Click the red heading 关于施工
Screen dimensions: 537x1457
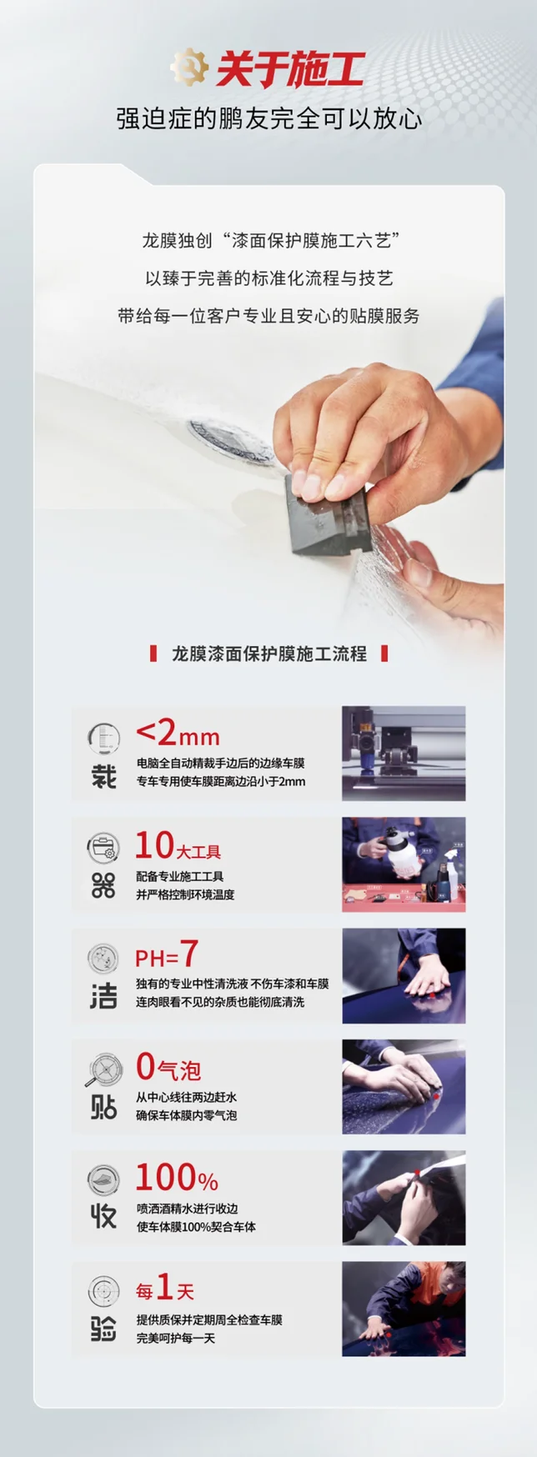(290, 69)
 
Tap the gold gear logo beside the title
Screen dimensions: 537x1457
(190, 68)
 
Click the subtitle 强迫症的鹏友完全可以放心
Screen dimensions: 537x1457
(268, 118)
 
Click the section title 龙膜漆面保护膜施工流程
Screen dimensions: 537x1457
(268, 653)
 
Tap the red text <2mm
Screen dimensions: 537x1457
(178, 734)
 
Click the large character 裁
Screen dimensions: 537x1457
(103, 777)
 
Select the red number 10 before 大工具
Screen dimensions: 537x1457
(155, 845)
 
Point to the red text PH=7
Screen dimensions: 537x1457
(167, 955)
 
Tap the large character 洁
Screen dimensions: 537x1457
(103, 998)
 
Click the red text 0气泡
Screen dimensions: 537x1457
(168, 1067)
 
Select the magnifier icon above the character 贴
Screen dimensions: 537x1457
(103, 1069)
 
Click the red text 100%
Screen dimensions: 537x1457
(177, 1178)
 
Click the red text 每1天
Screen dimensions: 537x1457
(165, 1289)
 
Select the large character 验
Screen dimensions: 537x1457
(103, 1328)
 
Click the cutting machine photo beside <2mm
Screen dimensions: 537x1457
(404, 754)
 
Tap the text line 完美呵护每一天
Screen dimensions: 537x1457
(176, 1338)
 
